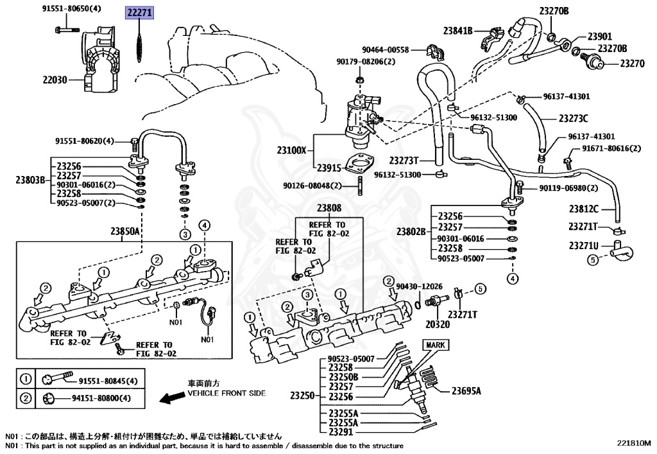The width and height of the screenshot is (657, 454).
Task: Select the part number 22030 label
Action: [x=55, y=80]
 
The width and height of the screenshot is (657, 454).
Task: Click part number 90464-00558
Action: [x=385, y=49]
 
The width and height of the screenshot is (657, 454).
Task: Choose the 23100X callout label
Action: [x=292, y=151]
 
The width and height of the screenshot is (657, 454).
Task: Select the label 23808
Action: [x=328, y=208]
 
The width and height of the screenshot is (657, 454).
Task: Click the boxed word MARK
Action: [x=436, y=345]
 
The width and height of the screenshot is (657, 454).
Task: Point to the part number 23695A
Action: [x=466, y=390]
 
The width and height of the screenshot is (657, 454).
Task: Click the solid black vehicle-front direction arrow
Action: [x=171, y=399]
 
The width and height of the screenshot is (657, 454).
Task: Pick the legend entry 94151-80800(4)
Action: [x=105, y=399]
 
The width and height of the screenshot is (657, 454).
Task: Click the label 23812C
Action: [x=583, y=209]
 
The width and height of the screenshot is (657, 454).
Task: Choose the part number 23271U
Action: [x=583, y=245]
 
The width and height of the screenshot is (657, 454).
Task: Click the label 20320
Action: [x=437, y=325]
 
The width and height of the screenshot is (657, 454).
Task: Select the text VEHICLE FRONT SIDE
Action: [x=226, y=393]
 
